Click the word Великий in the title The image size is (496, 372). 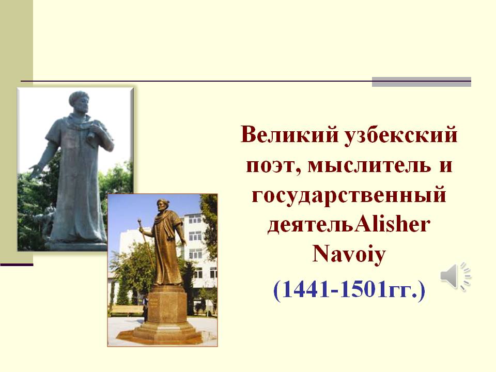[287, 134]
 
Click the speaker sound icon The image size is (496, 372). [456, 276]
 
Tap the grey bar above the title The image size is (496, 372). [422, 82]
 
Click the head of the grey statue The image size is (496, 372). [79, 101]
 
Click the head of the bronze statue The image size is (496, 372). [162, 207]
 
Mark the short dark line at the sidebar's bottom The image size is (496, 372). [17, 265]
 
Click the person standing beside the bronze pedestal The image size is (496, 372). [145, 308]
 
